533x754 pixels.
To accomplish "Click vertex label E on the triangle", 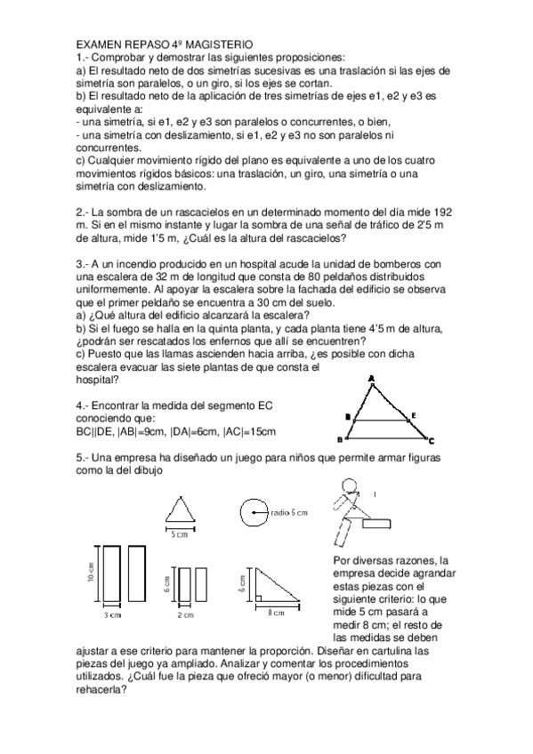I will [412, 415].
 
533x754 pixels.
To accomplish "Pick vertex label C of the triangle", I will [432, 441].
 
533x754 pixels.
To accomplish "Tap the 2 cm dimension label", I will [186, 614].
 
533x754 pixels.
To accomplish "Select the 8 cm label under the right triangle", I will [277, 613].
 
